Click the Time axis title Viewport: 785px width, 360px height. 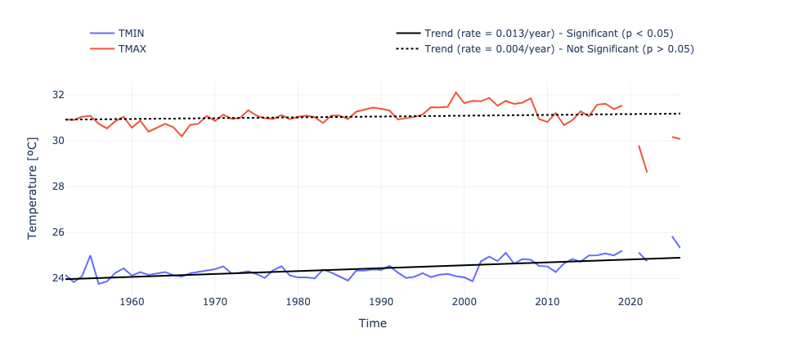coord(372,323)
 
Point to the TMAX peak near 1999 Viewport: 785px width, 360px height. coord(456,92)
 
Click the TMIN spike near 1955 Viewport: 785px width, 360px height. coord(90,256)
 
